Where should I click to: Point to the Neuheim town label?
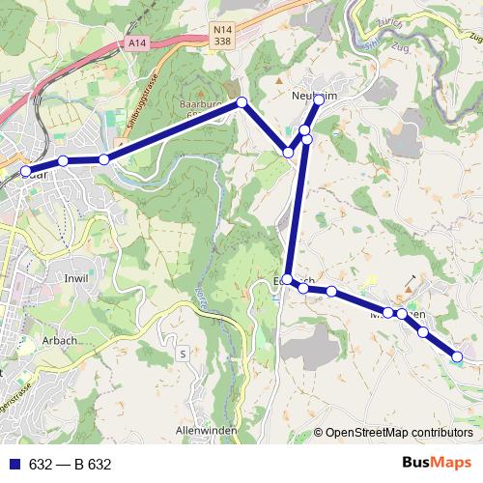[x=312, y=95]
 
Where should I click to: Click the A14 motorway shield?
[x=137, y=43]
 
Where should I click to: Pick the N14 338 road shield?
[x=223, y=37]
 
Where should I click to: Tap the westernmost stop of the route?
[x=26, y=172]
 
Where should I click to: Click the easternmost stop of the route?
[x=458, y=357]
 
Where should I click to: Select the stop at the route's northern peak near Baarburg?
[x=242, y=102]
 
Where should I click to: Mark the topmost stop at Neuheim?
[x=319, y=99]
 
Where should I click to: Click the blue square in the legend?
[x=13, y=464]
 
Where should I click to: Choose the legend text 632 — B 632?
[x=71, y=464]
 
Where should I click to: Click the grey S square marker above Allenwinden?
[x=182, y=355]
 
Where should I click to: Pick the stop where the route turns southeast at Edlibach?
[x=287, y=279]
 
